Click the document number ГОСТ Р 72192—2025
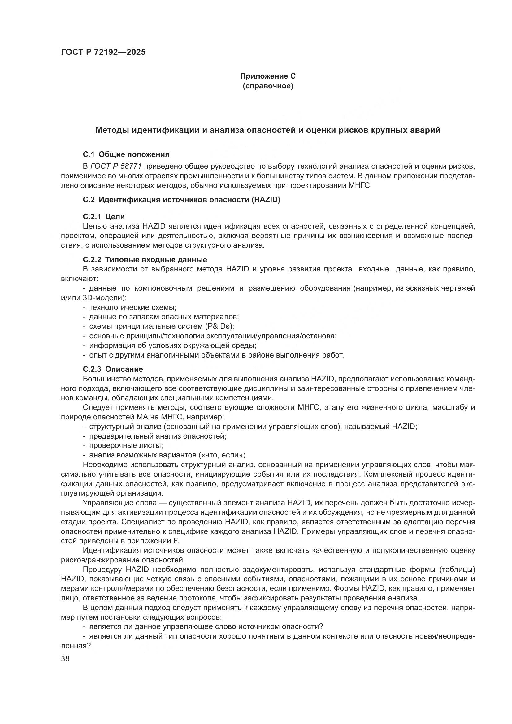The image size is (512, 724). pyautogui.click(x=103, y=52)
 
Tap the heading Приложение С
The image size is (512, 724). pyautogui.click(x=268, y=76)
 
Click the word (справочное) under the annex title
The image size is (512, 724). pyautogui.click(x=268, y=86)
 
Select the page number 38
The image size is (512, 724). pyautogui.click(x=65, y=658)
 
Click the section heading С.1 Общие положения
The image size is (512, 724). pyautogui.click(x=126, y=154)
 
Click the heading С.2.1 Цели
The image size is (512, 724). pyautogui.click(x=104, y=217)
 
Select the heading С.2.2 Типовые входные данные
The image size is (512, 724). pyautogui.click(x=145, y=260)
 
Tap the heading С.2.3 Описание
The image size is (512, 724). pyautogui.click(x=113, y=369)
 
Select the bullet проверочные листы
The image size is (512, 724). pyautogui.click(x=126, y=445)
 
